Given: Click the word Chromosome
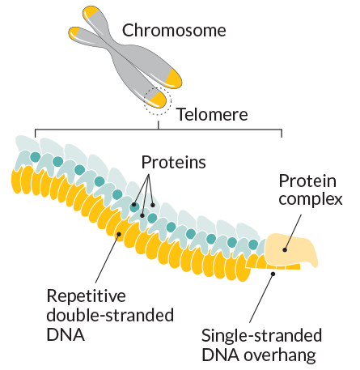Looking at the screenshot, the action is pos(174,30).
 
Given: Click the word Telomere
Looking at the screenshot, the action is pos(212,114).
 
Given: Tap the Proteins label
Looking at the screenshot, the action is pos(174,162).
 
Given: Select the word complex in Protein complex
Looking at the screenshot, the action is pos(311,200).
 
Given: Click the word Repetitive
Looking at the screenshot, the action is pos(86,296).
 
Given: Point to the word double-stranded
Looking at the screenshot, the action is pos(110,315).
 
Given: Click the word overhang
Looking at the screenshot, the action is pos(280,355).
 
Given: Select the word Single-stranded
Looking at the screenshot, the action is pos(261,336).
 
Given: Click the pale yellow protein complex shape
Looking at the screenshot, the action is pos(290,249).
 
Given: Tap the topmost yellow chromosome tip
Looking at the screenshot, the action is pos(91,12).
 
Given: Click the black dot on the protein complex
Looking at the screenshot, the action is pos(285,250).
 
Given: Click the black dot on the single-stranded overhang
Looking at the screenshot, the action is pos(273,274).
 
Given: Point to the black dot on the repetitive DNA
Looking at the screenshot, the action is pos(118,234).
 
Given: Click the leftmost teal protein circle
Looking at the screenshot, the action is pos(35,157).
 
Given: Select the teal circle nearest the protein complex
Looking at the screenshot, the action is pos(253,245).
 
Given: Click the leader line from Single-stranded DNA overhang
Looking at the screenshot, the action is pos(261,298).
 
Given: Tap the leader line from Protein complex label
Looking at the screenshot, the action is pos(293,232).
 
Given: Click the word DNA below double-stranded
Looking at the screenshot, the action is pos(66,335).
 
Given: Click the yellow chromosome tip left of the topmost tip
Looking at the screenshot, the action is pos(74,32).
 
